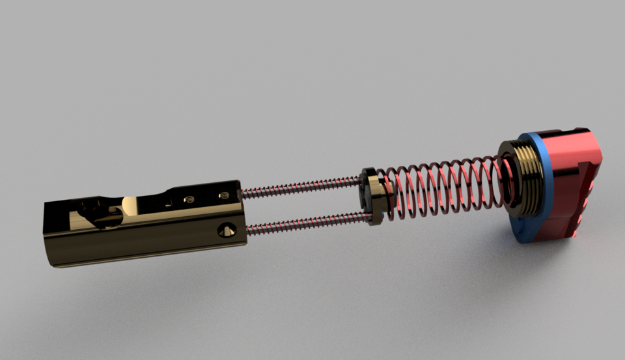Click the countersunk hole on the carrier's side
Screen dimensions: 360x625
[227, 229]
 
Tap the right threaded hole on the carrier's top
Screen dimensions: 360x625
[223, 194]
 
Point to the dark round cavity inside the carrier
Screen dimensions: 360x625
[91, 215]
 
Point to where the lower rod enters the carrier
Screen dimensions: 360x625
[247, 229]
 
